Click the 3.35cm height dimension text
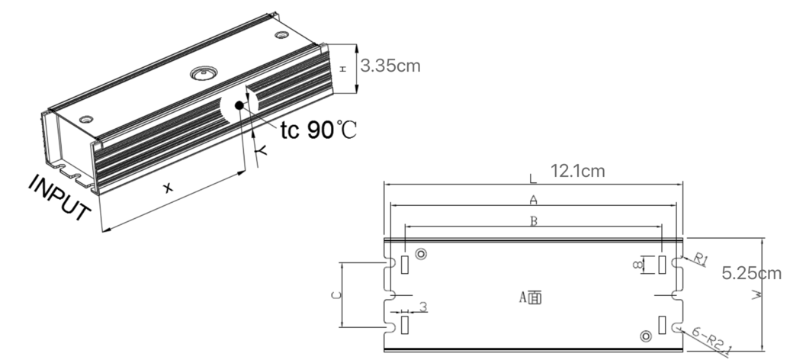coord(390,66)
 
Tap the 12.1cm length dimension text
coord(576,172)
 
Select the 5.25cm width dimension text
coord(751,272)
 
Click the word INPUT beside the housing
coord(61,200)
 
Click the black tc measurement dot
coord(240,104)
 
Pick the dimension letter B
coord(535,221)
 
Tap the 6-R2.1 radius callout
coord(712,340)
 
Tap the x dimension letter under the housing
coord(168,187)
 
